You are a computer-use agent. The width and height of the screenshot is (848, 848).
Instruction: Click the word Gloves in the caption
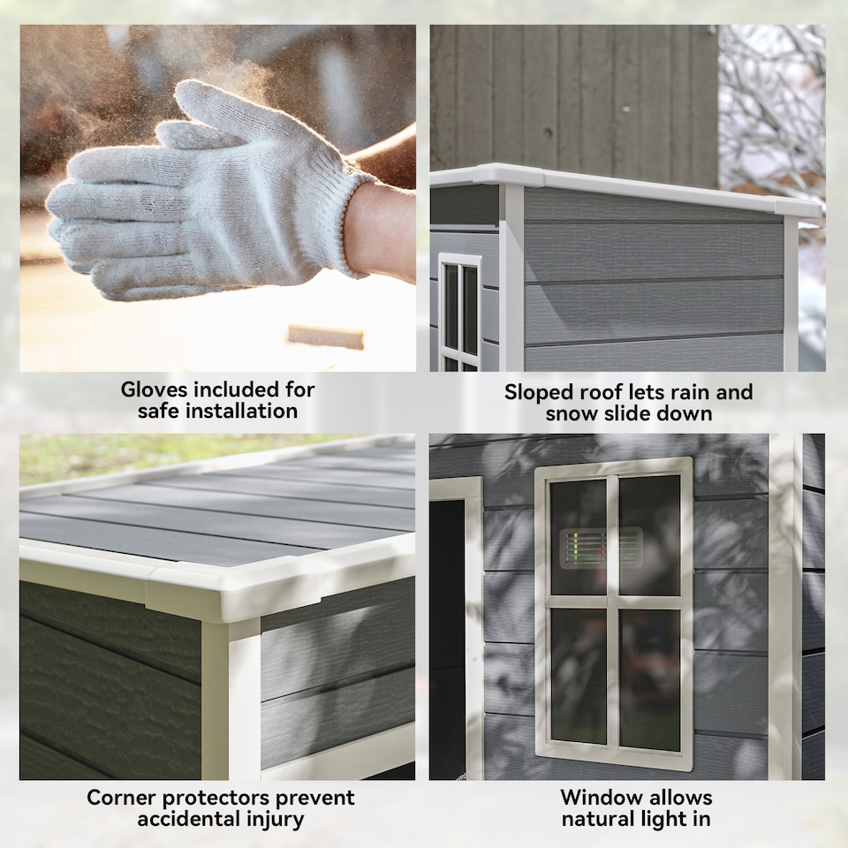pyautogui.click(x=154, y=390)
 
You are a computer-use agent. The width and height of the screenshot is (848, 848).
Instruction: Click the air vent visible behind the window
pyautogui.click(x=602, y=548)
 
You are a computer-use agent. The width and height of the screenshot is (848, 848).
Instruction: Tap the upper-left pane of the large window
pyautogui.click(x=578, y=535)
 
